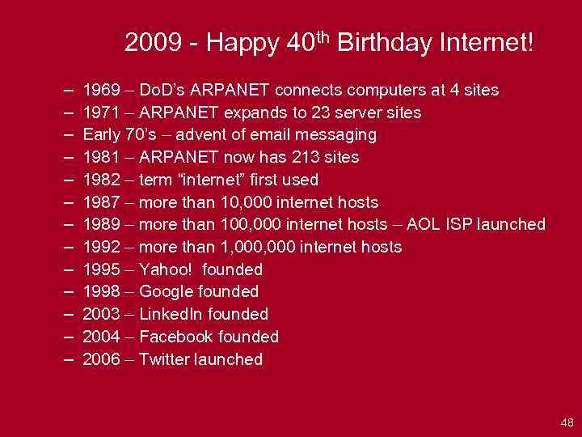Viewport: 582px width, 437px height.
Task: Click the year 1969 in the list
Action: pyautogui.click(x=101, y=90)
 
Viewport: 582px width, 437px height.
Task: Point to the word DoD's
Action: pyautogui.click(x=164, y=90)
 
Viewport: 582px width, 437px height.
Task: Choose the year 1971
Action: pyautogui.click(x=101, y=112)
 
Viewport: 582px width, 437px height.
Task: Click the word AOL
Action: pyautogui.click(x=428, y=224)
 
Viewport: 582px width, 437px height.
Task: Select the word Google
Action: pyautogui.click(x=167, y=291)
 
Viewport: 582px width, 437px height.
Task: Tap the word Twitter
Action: pyautogui.click(x=165, y=359)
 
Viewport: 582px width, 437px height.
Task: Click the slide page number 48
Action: pyautogui.click(x=566, y=422)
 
